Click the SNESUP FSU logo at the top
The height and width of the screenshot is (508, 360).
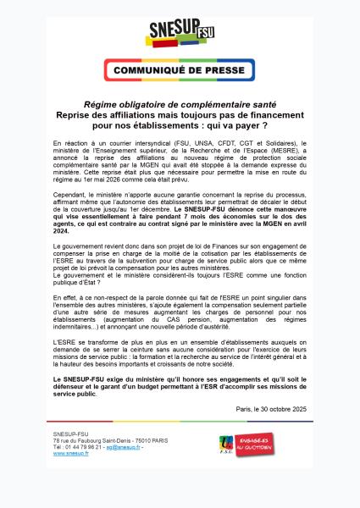pyautogui.click(x=180, y=34)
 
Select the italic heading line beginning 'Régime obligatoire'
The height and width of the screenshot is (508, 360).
pyautogui.click(x=180, y=105)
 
